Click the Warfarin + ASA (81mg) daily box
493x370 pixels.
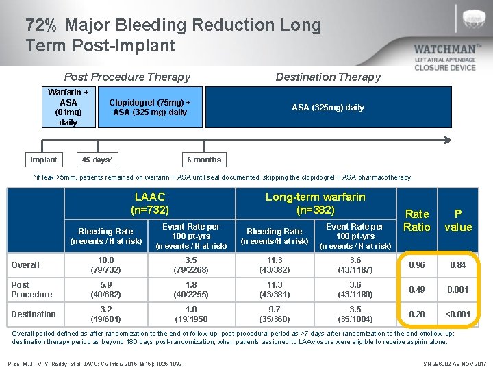point(68,107)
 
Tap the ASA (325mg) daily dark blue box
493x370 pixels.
point(328,107)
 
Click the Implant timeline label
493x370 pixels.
point(44,160)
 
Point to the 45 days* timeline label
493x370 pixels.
point(97,160)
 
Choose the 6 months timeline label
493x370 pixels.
point(204,160)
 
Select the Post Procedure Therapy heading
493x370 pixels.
point(127,77)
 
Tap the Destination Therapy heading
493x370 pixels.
point(327,77)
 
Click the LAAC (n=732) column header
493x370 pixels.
point(149,203)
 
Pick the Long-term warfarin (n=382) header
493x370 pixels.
point(315,203)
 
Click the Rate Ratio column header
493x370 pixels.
point(417,220)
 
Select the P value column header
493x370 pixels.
point(458,220)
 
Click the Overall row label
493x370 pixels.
point(25,265)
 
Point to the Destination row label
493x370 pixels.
point(33,314)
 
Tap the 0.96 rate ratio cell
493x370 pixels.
point(417,265)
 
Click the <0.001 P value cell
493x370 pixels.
point(458,314)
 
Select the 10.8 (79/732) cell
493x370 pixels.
point(106,265)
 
